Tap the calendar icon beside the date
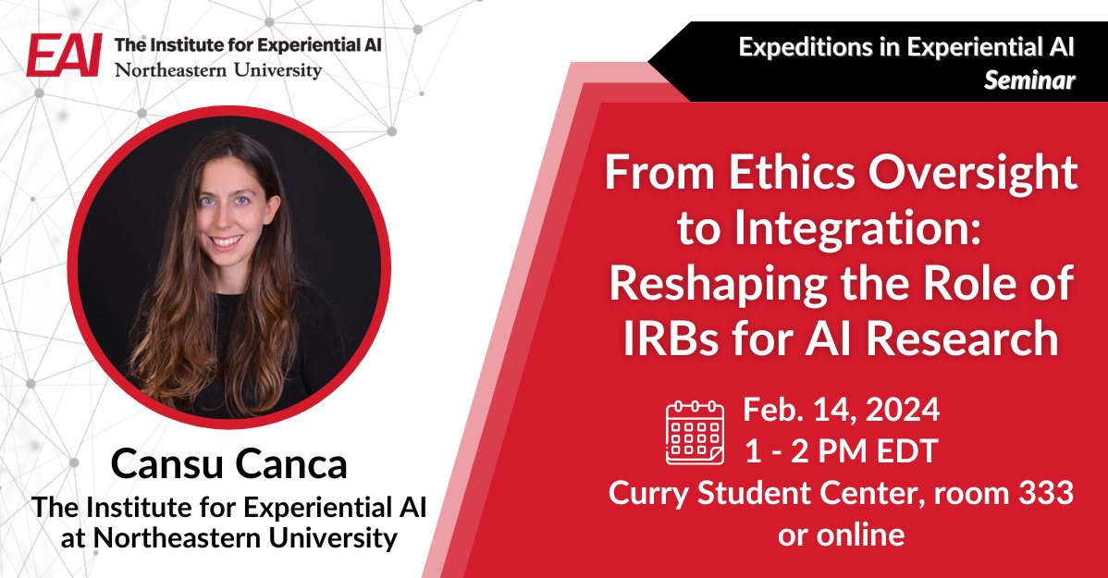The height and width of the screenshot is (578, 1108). click(x=696, y=431)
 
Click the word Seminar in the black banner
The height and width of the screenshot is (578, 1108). click(x=1029, y=81)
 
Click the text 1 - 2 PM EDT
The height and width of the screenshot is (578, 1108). click(x=843, y=452)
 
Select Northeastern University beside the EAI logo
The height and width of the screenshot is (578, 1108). click(x=218, y=70)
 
